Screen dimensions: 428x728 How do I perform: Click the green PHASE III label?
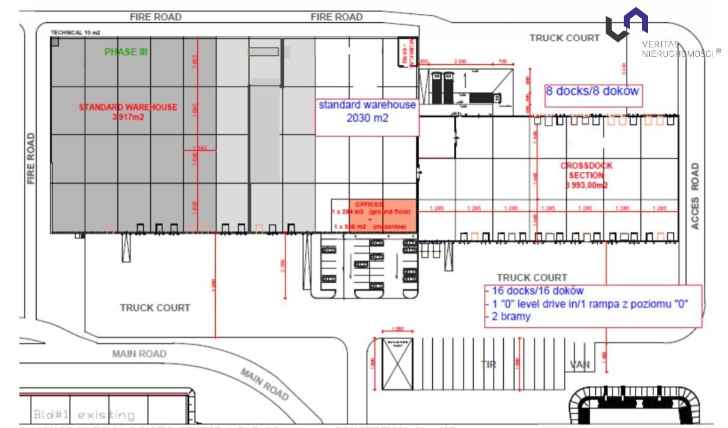coord(126,52)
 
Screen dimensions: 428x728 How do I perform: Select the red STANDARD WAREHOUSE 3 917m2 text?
coord(128,112)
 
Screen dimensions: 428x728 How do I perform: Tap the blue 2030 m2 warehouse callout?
coord(367,112)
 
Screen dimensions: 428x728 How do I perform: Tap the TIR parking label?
coord(488,364)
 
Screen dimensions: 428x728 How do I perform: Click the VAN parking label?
coord(580,364)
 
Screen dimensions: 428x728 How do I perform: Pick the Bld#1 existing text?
coord(84,414)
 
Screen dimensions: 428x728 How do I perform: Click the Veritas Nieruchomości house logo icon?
coord(626,24)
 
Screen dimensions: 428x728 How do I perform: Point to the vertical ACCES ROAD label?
coord(695,196)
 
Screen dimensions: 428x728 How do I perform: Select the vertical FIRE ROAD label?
coord(31,158)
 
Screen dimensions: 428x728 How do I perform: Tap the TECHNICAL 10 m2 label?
coord(75,32)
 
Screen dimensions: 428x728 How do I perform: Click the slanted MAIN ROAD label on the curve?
coord(265,384)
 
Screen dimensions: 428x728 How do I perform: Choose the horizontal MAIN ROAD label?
coord(139,354)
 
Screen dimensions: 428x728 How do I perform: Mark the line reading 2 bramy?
coord(509,316)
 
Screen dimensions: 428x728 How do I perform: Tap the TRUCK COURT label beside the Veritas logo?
coord(564,38)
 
